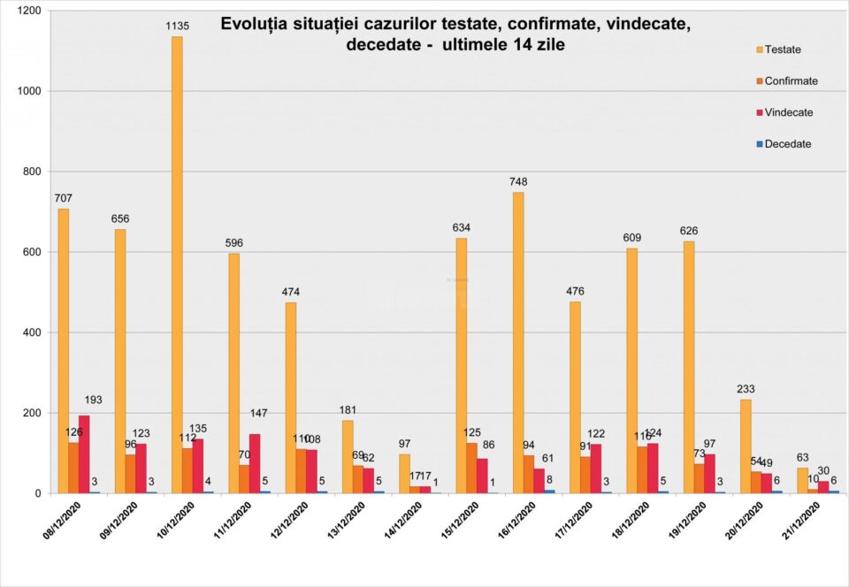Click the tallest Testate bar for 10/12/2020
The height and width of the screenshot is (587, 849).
tap(177, 265)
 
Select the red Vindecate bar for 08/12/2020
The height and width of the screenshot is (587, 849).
tap(84, 454)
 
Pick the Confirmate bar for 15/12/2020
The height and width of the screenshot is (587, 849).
tap(471, 468)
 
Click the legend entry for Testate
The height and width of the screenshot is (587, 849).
tap(782, 50)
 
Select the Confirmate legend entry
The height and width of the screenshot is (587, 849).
tap(791, 81)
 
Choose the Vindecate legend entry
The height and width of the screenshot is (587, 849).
tap(788, 112)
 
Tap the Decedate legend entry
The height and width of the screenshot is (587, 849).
tap(787, 144)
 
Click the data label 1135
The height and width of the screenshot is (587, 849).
tap(178, 27)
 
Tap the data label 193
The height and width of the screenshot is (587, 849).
tap(93, 400)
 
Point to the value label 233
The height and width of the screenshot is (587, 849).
tap(746, 389)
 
